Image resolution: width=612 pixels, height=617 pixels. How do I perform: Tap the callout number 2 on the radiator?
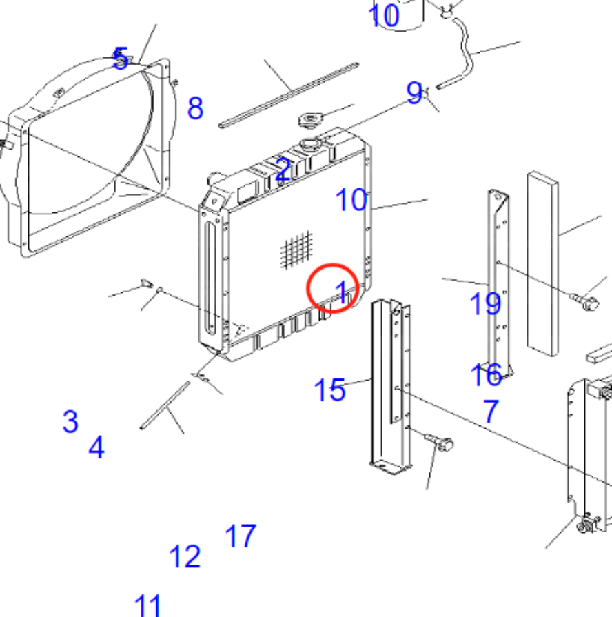coord(283,170)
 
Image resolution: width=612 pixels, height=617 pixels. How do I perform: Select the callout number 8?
coord(196,108)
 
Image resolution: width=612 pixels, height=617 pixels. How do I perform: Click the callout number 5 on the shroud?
coord(121,59)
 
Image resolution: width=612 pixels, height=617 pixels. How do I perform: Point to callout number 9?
coord(414,92)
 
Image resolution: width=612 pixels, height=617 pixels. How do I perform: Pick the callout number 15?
coord(329,390)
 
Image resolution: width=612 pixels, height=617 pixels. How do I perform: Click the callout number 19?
coord(485,303)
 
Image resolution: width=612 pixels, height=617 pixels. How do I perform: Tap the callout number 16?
coord(486,374)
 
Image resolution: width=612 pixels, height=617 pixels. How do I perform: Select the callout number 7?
coord(490,412)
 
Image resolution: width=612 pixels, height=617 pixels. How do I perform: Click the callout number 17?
coord(241,536)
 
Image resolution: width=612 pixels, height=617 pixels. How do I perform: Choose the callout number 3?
coord(70,421)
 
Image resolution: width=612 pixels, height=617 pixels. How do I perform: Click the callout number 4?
coord(96,448)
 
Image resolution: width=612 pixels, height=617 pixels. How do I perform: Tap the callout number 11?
coord(147,605)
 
